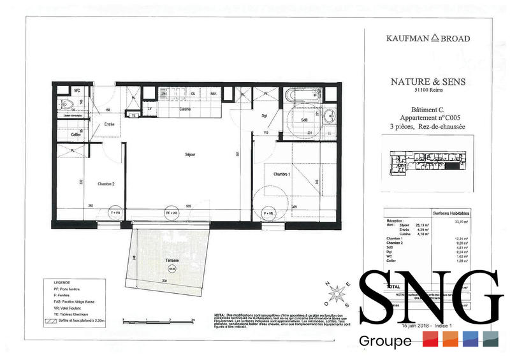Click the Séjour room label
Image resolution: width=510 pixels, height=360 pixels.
click(190, 154)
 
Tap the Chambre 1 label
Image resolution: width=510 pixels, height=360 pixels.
click(281, 174)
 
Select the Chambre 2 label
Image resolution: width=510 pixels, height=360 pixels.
click(106, 184)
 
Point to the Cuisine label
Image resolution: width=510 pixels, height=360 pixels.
click(186, 109)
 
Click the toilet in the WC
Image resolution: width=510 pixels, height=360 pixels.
click(66, 104)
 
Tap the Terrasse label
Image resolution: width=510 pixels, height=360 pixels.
click(170, 261)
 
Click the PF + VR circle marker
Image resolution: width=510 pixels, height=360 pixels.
click(171, 213)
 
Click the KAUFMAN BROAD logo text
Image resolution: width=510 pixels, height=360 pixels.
click(428, 39)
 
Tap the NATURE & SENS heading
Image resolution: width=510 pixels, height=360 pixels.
click(428, 82)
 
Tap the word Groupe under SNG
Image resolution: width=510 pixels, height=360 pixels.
click(385, 342)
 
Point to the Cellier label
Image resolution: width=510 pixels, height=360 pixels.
click(76, 134)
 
